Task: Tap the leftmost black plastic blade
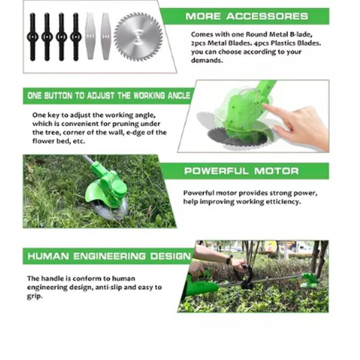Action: pos(32,37)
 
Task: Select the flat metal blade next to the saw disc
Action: pos(105,36)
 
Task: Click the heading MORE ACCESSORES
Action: pos(247,16)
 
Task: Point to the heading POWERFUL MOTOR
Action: pos(242,171)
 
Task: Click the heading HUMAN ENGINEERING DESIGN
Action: pos(109,256)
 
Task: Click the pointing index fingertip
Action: pos(264,105)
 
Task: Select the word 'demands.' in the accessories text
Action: pos(207,60)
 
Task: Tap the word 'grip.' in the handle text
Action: pos(35,296)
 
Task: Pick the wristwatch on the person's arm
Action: pos(229,260)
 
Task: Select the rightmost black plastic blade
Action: pos(76,37)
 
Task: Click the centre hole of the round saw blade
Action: pos(138,37)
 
